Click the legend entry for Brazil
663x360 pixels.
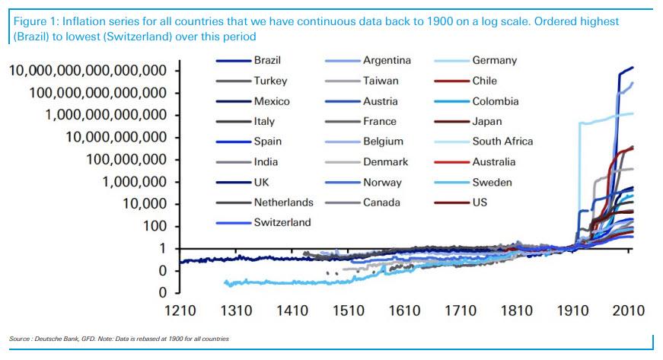[267, 60]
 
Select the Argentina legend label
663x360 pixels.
[387, 60]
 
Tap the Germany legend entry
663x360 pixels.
[494, 60]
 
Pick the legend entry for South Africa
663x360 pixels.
[502, 142]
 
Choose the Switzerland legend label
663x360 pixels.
[282, 222]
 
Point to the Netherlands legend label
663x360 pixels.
[283, 202]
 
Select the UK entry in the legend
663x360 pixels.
[263, 182]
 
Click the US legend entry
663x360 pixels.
[479, 202]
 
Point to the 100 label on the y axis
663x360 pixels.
[155, 226]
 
